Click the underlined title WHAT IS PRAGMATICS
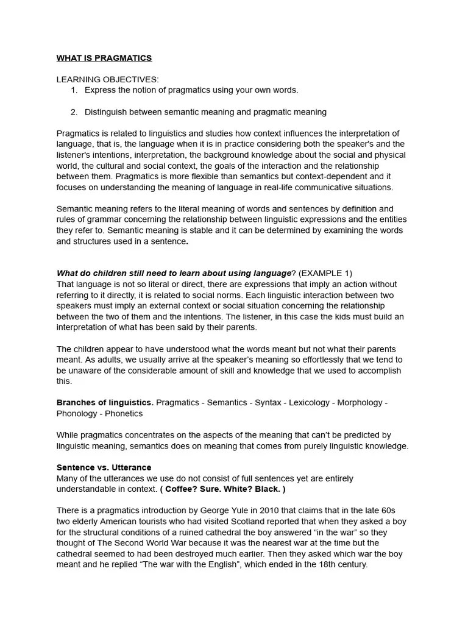tap(104, 58)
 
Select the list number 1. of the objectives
tap(74, 90)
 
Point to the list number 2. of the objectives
tap(74, 112)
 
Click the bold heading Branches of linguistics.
tap(105, 403)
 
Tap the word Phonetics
tap(124, 413)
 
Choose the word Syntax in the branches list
tap(268, 403)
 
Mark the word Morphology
tap(361, 403)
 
